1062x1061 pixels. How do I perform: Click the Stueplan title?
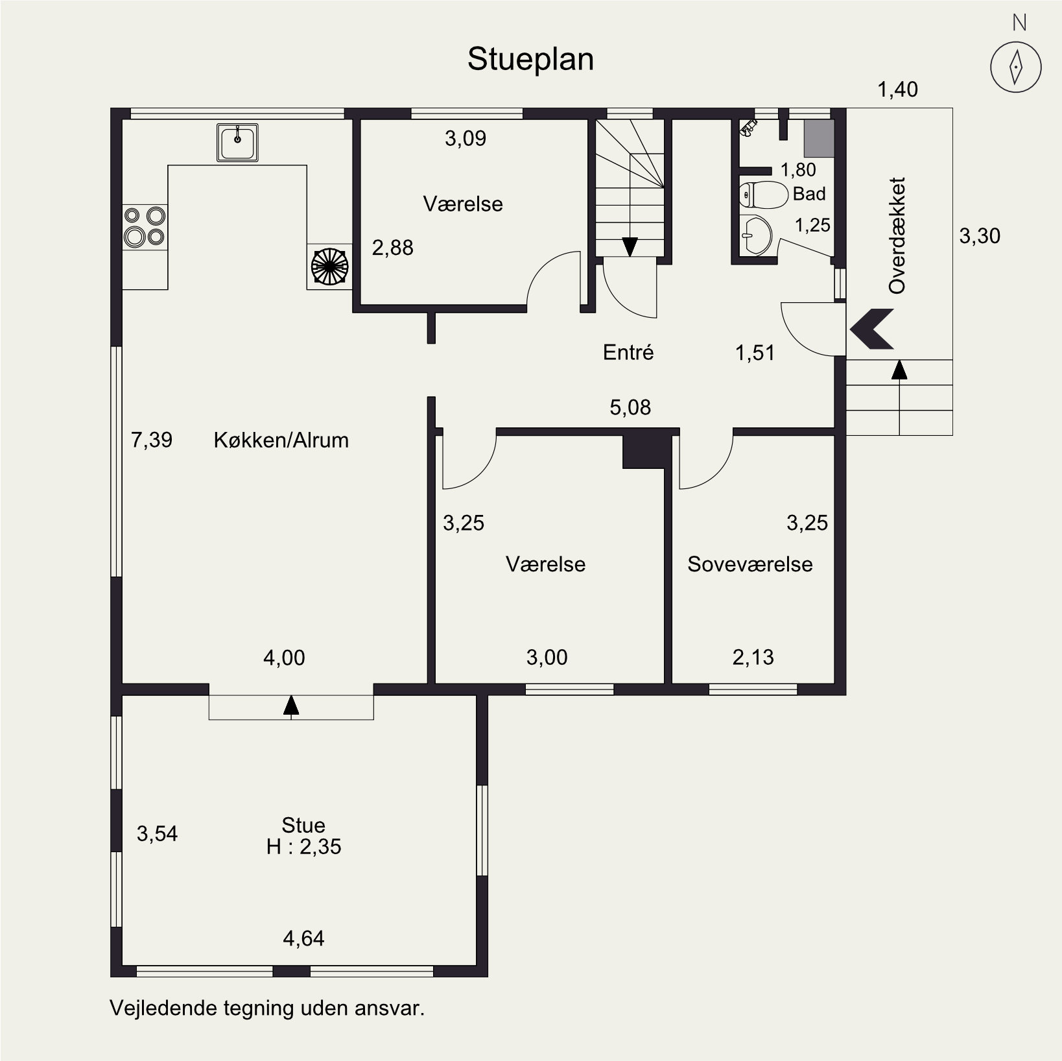(530, 60)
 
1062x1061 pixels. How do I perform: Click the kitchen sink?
(237, 142)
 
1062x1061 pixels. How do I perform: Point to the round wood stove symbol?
(329, 266)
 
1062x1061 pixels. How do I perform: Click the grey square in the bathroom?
(819, 138)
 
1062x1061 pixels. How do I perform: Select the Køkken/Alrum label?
(281, 440)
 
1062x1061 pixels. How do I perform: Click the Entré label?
(628, 352)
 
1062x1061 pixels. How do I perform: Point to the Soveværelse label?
(750, 564)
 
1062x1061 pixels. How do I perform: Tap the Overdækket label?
(897, 235)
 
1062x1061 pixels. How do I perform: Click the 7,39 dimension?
(152, 440)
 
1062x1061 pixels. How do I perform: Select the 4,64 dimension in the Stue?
(303, 938)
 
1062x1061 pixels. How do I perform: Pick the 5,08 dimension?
(630, 407)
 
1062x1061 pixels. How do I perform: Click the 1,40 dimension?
(898, 89)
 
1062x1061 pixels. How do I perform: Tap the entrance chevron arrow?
(872, 329)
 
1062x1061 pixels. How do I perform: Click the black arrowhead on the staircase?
(630, 246)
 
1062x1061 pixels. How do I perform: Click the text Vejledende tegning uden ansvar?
(267, 1008)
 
